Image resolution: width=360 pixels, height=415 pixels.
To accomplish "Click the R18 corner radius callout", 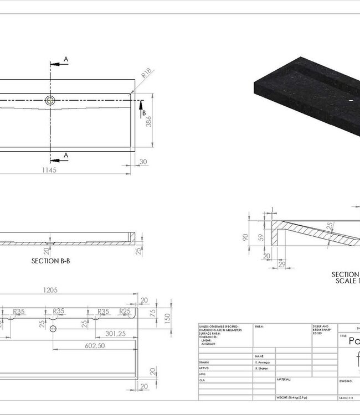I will tap(147, 72).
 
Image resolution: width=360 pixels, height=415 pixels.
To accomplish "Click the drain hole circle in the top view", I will tap(50, 100).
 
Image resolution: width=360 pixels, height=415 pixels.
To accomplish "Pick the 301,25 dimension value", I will tap(116, 333).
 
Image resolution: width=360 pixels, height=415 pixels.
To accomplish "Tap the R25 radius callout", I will tap(125, 312).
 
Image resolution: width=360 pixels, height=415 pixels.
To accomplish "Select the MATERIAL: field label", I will tap(284, 380).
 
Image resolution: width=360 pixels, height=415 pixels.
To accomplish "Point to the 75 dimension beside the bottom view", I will tap(152, 312).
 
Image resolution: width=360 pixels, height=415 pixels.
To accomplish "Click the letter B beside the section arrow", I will tap(144, 113).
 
